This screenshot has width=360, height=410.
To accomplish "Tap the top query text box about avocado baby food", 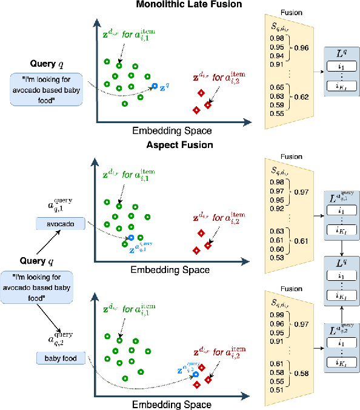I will [x=45, y=89].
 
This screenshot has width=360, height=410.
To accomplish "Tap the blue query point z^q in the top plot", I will [x=155, y=87].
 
